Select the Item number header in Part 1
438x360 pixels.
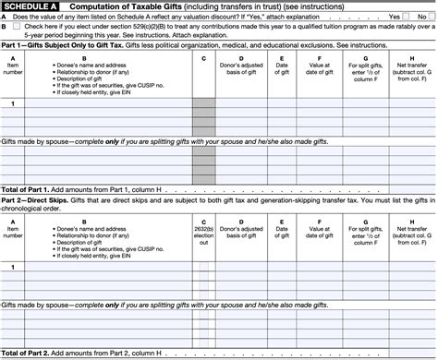12,68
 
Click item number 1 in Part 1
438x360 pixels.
12,103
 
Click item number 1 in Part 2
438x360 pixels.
12,266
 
